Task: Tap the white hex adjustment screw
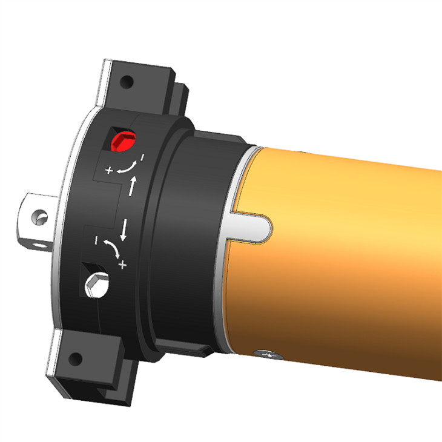(x=97, y=285)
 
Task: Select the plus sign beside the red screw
(x=109, y=171)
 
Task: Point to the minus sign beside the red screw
(x=142, y=157)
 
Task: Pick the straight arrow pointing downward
(x=124, y=230)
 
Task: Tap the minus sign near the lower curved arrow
(x=97, y=240)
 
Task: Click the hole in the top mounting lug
(x=127, y=81)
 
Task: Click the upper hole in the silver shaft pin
(x=40, y=216)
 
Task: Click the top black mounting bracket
(x=145, y=85)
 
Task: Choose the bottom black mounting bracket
(x=91, y=363)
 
